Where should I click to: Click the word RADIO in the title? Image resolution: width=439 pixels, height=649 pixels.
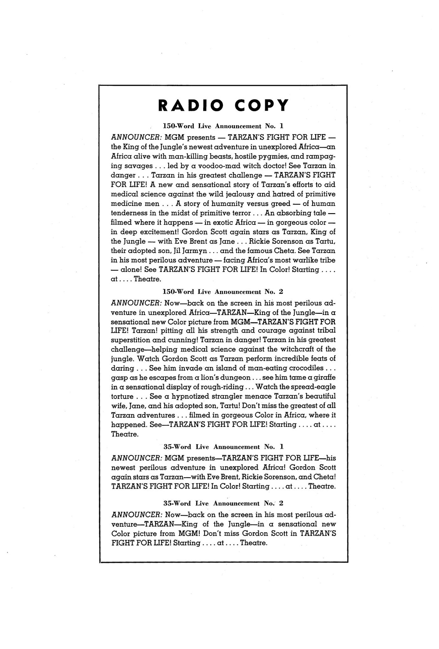coord(191,106)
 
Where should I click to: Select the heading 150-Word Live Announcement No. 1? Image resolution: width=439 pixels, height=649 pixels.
coord(223,126)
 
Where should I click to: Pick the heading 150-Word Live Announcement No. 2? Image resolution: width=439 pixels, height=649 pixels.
coord(223,291)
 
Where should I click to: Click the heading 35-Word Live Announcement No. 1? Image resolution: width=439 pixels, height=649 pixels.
coord(223,446)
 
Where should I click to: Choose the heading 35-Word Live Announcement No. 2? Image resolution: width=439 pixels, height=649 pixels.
coord(223,503)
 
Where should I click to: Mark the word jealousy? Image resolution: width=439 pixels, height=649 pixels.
coord(243,194)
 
